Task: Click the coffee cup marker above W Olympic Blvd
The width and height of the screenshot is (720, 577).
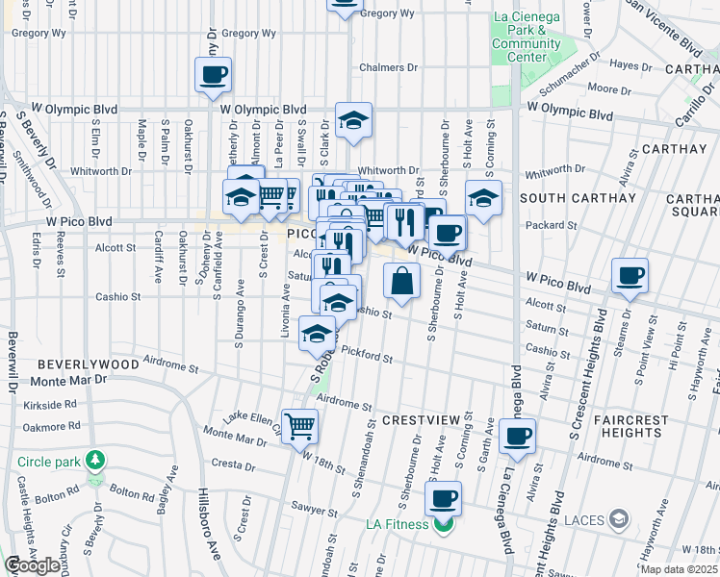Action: [213, 74]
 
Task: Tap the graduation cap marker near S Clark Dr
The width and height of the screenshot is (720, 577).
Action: [353, 120]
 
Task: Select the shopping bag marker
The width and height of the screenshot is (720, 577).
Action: [401, 281]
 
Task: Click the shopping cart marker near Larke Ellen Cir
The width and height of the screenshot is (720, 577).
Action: [299, 424]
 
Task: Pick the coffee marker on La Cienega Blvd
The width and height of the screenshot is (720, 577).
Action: [517, 436]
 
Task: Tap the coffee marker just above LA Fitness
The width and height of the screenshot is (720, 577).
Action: [443, 498]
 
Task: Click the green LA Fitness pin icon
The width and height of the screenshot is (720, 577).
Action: [443, 525]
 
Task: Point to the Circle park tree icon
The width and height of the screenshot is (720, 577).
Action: [94, 460]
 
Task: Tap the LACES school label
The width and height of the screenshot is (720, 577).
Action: [584, 520]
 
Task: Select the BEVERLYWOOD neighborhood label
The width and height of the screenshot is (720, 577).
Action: [89, 365]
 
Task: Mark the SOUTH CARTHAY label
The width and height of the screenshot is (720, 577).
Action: [578, 198]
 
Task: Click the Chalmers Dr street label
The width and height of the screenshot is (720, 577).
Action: [389, 68]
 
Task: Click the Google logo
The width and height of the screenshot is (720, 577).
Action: [32, 565]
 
